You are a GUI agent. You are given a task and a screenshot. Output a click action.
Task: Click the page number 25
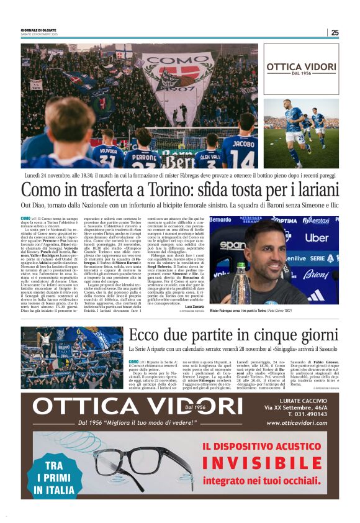pyautogui.click(x=335, y=33)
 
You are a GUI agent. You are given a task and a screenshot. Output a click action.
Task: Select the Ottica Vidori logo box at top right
pyautogui.click(x=301, y=69)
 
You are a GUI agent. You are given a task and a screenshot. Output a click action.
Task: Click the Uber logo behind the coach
pyautogui.click(x=317, y=237)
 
